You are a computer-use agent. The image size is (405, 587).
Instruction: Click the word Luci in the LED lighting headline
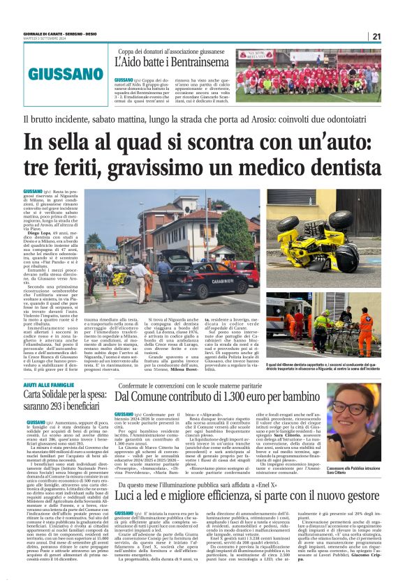(x=131, y=494)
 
